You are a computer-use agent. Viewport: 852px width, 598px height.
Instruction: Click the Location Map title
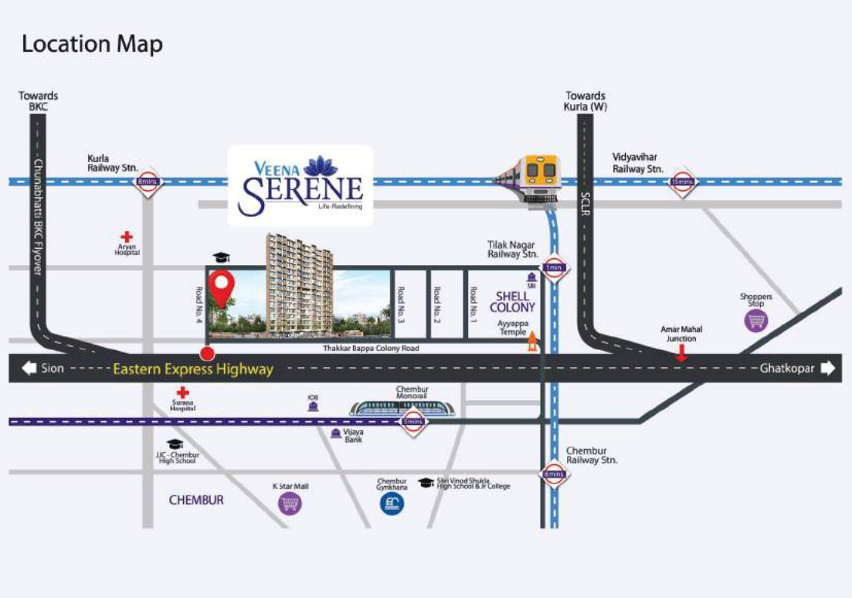(92, 44)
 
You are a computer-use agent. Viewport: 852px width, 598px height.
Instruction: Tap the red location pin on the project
(224, 288)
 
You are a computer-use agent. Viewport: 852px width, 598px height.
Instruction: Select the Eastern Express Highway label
(193, 369)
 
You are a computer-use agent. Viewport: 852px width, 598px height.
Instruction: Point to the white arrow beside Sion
(29, 369)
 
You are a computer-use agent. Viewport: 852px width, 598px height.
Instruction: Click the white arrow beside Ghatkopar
(827, 369)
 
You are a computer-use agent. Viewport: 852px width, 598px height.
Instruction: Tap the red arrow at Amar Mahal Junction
(681, 353)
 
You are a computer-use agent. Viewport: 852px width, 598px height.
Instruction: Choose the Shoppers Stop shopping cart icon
(756, 320)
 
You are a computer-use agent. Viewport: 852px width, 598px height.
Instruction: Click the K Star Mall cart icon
(290, 505)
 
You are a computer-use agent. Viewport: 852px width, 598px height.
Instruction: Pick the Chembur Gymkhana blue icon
(392, 505)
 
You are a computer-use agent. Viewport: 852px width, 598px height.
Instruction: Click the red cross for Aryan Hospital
(127, 236)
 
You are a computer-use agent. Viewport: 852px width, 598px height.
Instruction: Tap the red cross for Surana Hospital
(183, 393)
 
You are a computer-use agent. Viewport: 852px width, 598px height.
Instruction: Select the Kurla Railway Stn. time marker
(146, 182)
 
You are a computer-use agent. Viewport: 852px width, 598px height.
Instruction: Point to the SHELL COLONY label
(512, 301)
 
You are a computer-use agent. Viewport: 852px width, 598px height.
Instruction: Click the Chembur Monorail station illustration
(402, 406)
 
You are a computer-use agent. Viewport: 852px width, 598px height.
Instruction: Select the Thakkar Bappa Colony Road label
(370, 348)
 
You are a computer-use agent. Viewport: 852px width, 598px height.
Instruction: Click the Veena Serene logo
(300, 185)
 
